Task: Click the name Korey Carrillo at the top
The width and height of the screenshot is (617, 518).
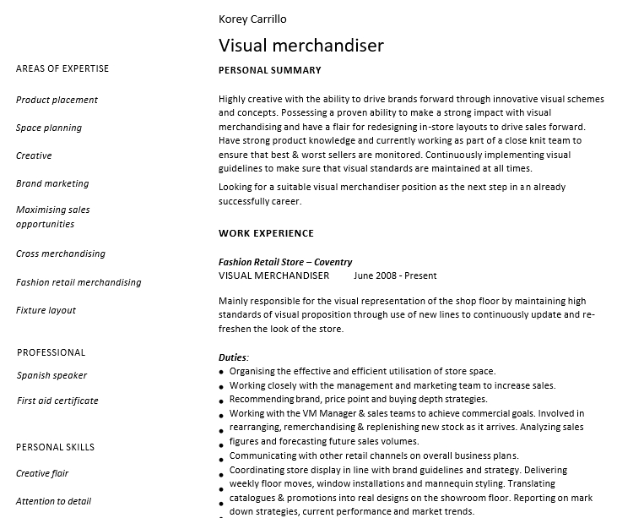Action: point(252,19)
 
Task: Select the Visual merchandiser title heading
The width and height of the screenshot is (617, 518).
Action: point(300,46)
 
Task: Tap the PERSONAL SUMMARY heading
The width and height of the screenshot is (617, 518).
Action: point(269,70)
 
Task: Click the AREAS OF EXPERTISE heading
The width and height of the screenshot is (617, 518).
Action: point(62,68)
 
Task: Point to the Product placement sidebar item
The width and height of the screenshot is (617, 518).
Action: point(57,100)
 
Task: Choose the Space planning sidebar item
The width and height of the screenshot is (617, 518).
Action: point(49,128)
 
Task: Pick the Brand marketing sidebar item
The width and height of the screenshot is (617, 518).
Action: point(52,183)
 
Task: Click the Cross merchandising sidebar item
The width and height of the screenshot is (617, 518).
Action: point(61,254)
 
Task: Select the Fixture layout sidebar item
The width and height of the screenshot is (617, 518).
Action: point(46,310)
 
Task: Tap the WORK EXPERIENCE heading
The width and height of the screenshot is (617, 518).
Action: point(266,233)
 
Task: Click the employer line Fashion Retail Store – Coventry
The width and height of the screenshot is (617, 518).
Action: point(285,262)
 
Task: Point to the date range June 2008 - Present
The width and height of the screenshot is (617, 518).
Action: point(395,275)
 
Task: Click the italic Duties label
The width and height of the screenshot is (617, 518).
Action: point(233,357)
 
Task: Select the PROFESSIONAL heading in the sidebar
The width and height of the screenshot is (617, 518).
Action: point(51,352)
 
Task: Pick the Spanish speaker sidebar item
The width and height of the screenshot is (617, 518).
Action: point(52,375)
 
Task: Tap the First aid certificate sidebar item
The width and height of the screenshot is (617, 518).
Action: point(57,401)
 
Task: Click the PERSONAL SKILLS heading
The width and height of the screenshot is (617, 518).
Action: point(56,447)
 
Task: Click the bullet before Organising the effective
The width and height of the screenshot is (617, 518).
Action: point(222,372)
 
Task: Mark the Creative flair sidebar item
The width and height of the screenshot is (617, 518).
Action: point(42,473)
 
